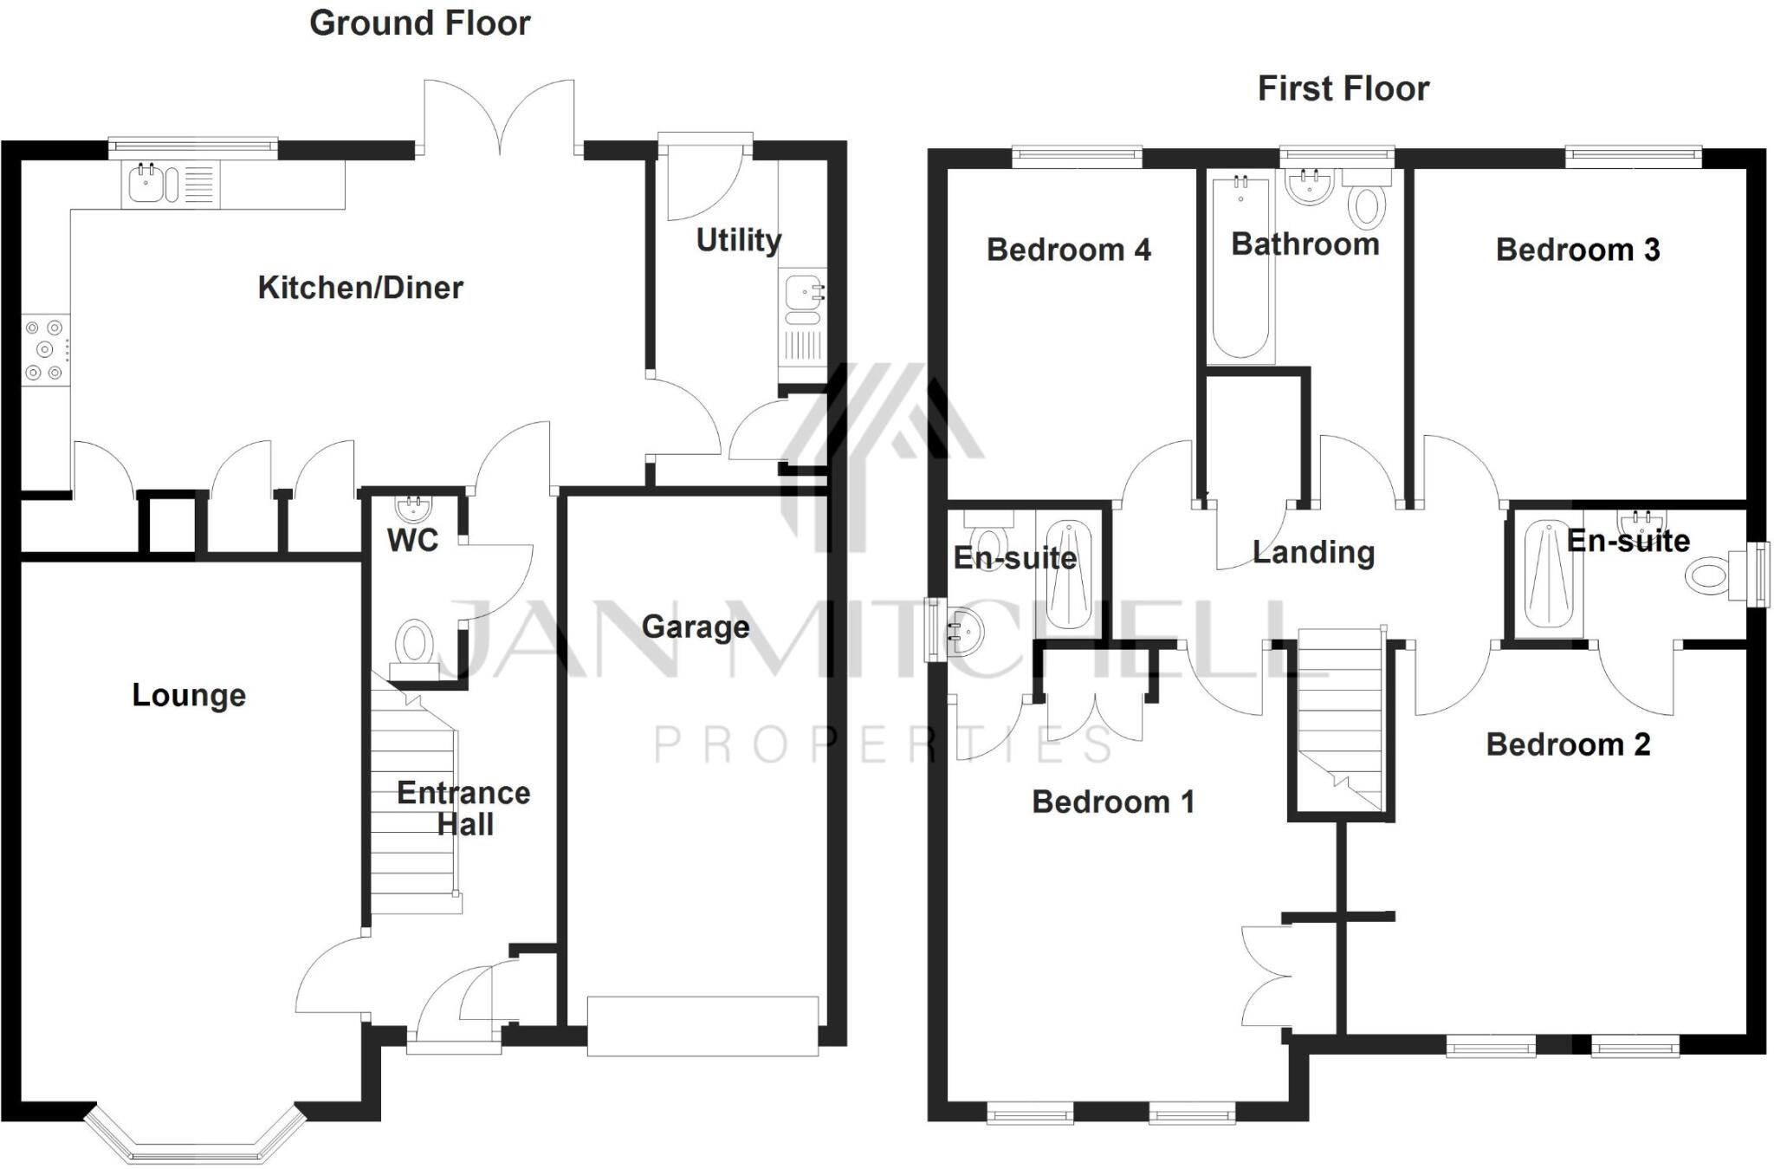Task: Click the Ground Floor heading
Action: [419, 23]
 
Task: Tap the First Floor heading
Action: [1343, 88]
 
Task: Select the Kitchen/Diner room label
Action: [360, 288]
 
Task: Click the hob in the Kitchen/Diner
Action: [44, 350]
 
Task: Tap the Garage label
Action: [696, 627]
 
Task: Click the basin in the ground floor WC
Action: [414, 506]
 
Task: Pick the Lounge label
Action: [189, 695]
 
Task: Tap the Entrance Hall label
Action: [463, 808]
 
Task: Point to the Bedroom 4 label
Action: [1068, 250]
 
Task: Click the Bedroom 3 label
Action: [1577, 250]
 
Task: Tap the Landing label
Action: [1313, 552]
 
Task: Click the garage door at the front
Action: [702, 1026]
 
